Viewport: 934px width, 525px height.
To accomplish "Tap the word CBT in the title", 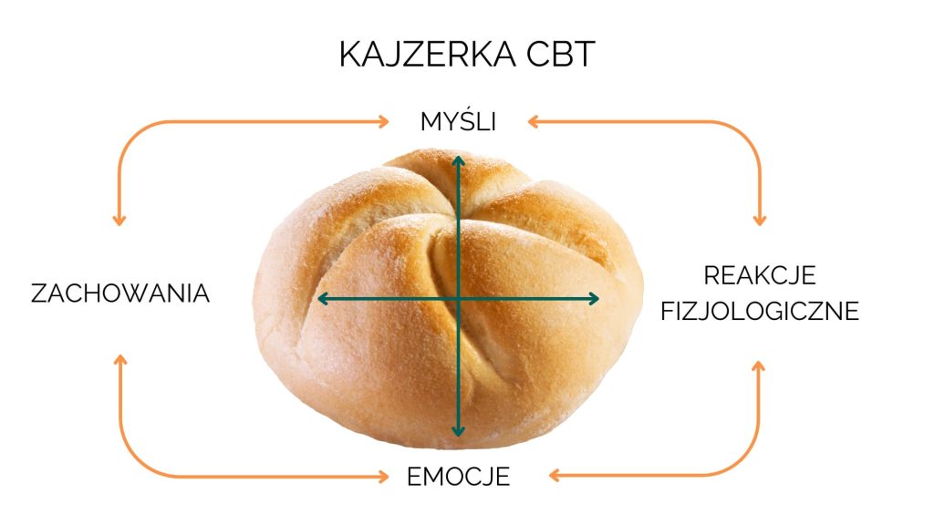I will point(560,56).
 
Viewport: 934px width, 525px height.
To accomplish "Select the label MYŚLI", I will point(458,121).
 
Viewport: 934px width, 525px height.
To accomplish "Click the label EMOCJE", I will point(458,476).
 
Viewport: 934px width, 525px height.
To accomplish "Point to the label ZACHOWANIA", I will point(120,293).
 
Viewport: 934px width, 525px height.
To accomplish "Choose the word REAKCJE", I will point(760,275).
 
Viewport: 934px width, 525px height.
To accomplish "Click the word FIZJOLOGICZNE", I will point(760,312).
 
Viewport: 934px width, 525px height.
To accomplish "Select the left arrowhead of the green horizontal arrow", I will point(321,298).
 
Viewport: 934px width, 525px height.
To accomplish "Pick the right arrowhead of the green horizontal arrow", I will point(595,298).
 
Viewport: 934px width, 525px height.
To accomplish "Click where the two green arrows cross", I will point(458,298).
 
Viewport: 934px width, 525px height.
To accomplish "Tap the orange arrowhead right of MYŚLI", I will point(533,119).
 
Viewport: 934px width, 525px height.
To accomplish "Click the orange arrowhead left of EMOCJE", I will point(386,476).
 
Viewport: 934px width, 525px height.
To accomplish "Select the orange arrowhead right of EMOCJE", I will point(555,475).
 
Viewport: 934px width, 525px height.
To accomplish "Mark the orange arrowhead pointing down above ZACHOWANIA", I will point(119,220).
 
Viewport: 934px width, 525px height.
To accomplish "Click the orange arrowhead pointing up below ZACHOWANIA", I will point(119,361).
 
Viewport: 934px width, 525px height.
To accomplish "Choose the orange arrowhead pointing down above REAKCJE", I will point(759,220).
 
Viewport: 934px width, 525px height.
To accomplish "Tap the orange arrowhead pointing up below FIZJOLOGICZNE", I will point(759,365).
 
